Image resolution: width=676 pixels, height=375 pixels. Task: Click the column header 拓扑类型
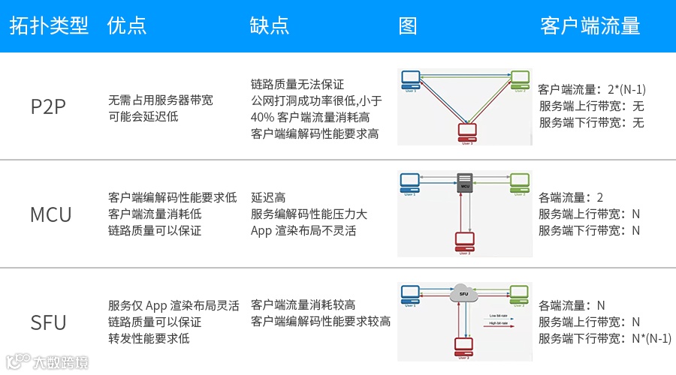click(x=49, y=25)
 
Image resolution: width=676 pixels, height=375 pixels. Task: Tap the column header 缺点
click(x=269, y=25)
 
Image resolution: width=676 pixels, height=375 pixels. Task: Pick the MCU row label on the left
click(x=50, y=214)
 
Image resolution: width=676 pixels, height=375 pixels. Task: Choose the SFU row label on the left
click(x=49, y=322)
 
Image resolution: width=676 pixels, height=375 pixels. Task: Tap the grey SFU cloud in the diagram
click(x=464, y=293)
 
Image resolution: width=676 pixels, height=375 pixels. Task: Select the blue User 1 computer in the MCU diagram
click(x=409, y=181)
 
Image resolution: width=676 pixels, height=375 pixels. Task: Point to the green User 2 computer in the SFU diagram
click(x=519, y=293)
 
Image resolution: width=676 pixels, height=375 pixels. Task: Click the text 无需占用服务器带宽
click(x=161, y=100)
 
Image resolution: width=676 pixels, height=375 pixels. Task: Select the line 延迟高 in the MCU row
click(x=268, y=198)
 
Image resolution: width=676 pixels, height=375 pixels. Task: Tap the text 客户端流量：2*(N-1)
click(x=592, y=90)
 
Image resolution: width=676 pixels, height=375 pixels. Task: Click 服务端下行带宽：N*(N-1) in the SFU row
click(x=605, y=338)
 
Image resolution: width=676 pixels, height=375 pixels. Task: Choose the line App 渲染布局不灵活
click(x=303, y=231)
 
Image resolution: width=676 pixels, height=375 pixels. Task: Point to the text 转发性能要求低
click(x=149, y=338)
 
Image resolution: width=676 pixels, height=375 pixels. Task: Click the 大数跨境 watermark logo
click(x=47, y=362)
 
